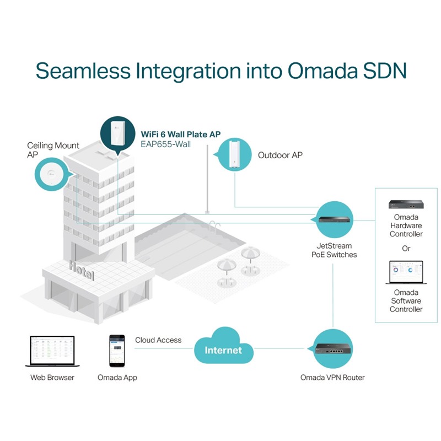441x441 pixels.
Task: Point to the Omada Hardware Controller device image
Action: click(x=406, y=206)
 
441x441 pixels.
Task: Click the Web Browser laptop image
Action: click(x=51, y=351)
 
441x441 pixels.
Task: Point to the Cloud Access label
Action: click(x=158, y=340)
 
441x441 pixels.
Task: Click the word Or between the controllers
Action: click(x=406, y=249)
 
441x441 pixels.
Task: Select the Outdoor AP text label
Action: click(x=280, y=155)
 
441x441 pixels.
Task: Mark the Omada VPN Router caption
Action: click(x=332, y=378)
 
